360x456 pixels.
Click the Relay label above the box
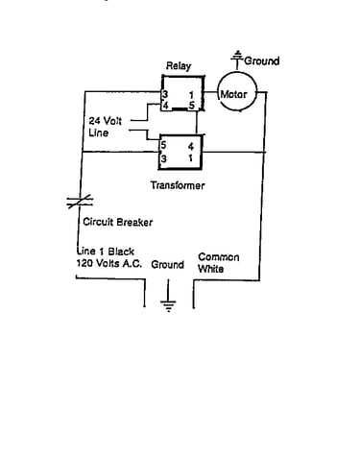click(x=179, y=66)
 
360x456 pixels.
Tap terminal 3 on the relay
click(x=165, y=95)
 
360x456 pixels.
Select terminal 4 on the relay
click(x=165, y=105)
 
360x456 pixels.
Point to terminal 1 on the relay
click(x=191, y=95)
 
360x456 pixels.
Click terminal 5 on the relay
click(x=191, y=105)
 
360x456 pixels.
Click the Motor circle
click(x=237, y=92)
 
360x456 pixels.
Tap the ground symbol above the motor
click(x=237, y=60)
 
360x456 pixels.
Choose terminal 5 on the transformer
click(x=163, y=145)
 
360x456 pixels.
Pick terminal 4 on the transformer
click(x=191, y=147)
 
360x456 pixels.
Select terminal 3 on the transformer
click(x=163, y=158)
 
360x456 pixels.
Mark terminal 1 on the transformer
click(x=191, y=158)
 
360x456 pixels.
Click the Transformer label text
click(x=178, y=185)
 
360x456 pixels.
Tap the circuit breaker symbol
click(x=80, y=202)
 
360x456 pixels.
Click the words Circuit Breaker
click(x=117, y=222)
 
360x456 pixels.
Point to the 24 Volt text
click(x=106, y=121)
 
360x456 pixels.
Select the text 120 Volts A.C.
click(x=108, y=263)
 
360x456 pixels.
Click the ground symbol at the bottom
click(x=168, y=296)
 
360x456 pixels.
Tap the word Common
click(x=219, y=257)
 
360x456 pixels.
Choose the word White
click(x=210, y=269)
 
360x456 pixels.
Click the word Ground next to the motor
click(x=262, y=60)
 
